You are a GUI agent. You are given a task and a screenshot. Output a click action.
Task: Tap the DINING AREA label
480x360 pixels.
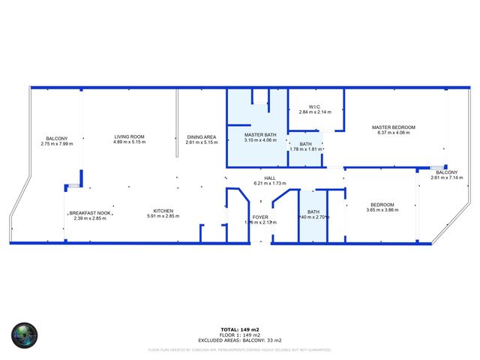point(202,136)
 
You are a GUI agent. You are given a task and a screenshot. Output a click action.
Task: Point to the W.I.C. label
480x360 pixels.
point(314,106)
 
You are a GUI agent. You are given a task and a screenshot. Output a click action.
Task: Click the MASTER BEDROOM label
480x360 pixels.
point(393,127)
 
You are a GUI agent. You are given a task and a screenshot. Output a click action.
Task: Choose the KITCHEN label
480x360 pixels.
point(163,211)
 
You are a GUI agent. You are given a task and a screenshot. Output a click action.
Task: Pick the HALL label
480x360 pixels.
point(270,178)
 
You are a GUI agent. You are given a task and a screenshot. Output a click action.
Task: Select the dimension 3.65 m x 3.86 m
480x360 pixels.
point(382,210)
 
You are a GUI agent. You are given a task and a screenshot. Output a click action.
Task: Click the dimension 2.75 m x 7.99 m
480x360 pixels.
point(56,142)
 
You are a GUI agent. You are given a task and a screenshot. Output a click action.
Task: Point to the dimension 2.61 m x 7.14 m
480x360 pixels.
point(447,178)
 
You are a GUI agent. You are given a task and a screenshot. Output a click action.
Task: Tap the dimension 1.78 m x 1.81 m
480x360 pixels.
point(305,148)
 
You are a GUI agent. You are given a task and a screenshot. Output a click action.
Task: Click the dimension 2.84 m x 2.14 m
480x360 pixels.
point(314,112)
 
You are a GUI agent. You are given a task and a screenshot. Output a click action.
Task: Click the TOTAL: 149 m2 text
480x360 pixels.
point(240,329)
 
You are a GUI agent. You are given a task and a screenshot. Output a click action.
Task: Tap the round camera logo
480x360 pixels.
point(24,334)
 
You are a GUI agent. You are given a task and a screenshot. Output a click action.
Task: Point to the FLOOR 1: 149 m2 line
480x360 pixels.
point(240,334)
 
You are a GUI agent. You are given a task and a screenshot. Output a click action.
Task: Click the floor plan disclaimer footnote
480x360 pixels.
point(240,349)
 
